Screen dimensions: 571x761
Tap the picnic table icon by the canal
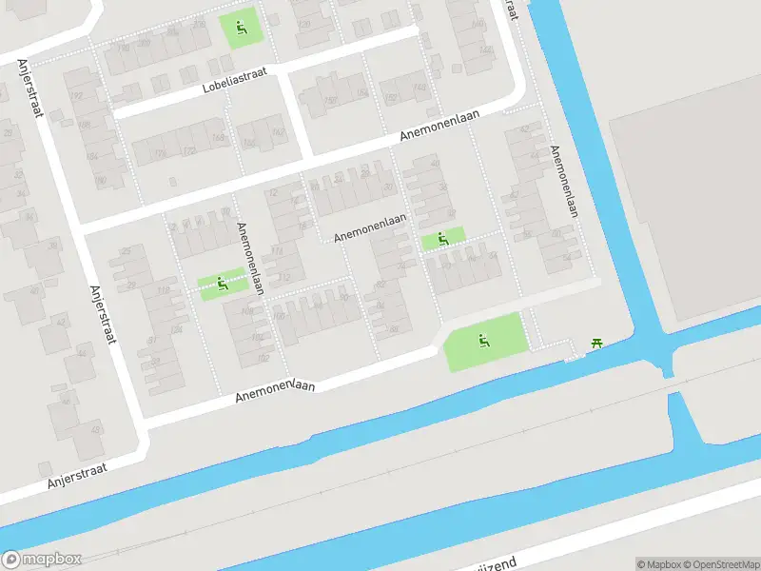click(x=597, y=343)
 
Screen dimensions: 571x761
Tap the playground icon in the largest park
click(x=484, y=340)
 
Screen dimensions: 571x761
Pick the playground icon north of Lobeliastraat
click(x=241, y=28)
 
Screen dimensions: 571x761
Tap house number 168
click(x=219, y=138)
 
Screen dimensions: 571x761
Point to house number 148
click(x=420, y=88)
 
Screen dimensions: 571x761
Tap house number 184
click(x=92, y=157)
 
